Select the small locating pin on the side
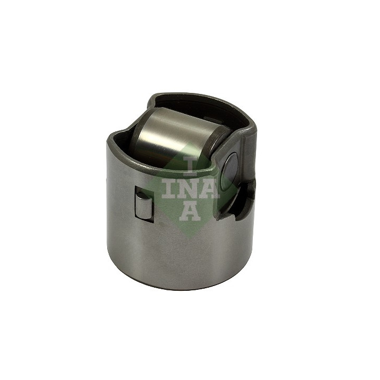coord(144,204)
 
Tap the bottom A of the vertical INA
coord(190,211)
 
